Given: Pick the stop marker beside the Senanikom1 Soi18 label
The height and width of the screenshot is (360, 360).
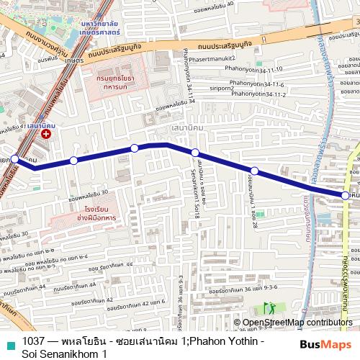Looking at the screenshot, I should pyautogui.click(x=195, y=152).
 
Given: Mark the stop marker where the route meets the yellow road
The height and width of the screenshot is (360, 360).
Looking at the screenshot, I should pyautogui.click(x=346, y=195).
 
